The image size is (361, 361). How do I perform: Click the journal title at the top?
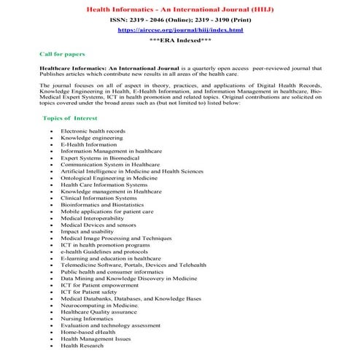181,9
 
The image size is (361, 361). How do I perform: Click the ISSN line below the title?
181,20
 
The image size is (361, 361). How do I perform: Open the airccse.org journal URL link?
181,31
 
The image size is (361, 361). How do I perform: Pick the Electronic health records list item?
93,131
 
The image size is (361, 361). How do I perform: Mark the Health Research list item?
82,345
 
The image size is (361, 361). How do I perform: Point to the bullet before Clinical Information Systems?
52,198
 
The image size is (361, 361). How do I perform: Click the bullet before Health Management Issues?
52,338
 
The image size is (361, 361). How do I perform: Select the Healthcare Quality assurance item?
97,311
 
